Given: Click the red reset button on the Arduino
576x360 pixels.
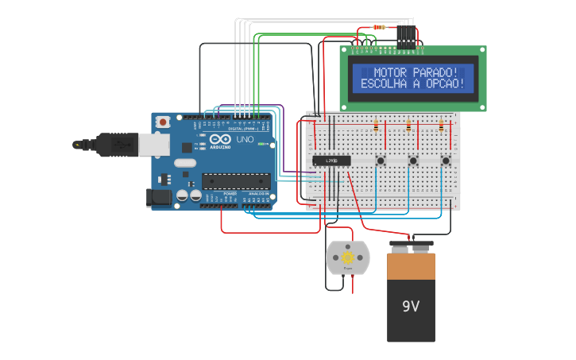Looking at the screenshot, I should click(163, 122).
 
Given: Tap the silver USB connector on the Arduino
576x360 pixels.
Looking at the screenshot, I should click(153, 145).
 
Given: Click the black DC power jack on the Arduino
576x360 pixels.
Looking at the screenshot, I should click(160, 198).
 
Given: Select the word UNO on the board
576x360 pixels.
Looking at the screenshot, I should click(245, 140).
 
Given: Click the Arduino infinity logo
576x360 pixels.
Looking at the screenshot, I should click(221, 140).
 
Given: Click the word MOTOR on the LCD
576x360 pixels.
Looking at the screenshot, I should click(390, 73).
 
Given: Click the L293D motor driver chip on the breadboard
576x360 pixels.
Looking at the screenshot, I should click(331, 161).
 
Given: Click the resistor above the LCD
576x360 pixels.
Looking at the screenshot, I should click(379, 27).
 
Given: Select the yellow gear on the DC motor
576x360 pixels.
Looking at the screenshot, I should click(348, 257).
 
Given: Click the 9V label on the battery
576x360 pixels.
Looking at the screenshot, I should click(411, 306).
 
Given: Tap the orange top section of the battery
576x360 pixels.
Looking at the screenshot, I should click(411, 266).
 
